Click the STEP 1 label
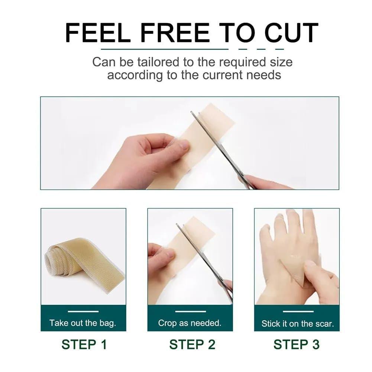[84, 344]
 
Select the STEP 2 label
[192, 344]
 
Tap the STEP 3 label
[296, 344]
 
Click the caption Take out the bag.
[83, 323]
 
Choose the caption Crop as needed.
[190, 323]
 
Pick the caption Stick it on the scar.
[297, 323]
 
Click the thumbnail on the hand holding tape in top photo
[183, 145]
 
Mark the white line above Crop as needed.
[190, 311]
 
